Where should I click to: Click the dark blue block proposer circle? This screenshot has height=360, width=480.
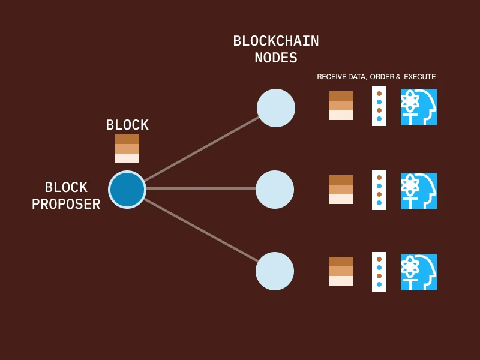[127, 190]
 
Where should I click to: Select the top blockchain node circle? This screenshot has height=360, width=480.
[276, 108]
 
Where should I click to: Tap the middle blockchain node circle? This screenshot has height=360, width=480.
[275, 190]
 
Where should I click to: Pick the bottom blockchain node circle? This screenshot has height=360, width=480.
[275, 271]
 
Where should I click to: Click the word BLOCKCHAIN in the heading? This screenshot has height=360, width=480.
[276, 41]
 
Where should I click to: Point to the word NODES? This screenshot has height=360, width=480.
[276, 58]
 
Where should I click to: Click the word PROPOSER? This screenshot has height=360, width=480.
[66, 205]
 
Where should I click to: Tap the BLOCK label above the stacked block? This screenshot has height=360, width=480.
[127, 125]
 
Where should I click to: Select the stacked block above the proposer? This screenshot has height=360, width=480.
[127, 149]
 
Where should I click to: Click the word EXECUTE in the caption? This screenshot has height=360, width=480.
[420, 77]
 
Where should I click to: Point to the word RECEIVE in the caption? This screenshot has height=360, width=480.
[332, 77]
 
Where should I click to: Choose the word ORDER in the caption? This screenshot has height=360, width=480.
[382, 77]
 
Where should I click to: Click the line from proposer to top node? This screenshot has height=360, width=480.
[201, 149]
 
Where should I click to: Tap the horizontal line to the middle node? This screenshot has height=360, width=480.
[201, 188]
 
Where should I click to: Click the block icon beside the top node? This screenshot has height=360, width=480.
[341, 106]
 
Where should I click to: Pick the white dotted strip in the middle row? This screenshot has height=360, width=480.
[379, 190]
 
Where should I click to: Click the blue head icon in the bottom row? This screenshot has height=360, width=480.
[419, 272]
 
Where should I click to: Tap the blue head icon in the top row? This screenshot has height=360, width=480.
[419, 107]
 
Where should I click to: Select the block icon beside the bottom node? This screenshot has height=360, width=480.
[341, 271]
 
